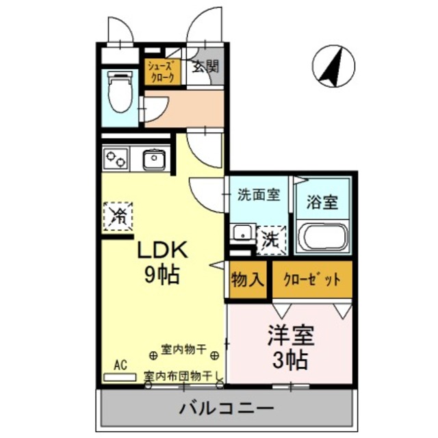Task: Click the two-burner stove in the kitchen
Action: [115, 159]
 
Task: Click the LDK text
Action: [164, 250]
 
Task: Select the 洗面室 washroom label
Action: [258, 194]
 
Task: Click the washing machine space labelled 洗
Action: [271, 240]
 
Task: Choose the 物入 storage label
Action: [247, 281]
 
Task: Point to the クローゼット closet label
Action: [312, 281]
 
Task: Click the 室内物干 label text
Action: [183, 350]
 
